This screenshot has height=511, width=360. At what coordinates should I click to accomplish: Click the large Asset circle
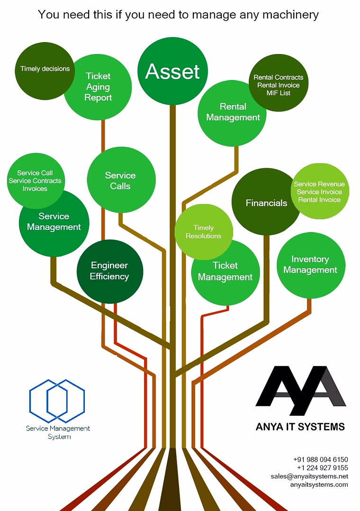173,71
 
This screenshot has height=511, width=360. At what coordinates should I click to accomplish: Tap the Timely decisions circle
45,71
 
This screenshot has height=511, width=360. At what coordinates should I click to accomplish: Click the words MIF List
278,93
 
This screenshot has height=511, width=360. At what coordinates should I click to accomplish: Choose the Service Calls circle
121,180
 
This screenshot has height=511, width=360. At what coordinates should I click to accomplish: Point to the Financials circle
266,202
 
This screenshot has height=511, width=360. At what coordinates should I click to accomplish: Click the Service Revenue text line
319,184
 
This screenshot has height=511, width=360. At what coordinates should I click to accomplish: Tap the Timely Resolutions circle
204,232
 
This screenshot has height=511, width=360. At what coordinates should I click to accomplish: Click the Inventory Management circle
311,265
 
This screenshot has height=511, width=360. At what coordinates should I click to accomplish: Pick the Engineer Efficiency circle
110,272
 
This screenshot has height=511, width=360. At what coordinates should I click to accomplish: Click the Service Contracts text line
35,181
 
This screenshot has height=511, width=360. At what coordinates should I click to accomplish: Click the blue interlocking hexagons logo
57,401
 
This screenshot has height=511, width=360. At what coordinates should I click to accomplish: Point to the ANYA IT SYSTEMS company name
300,427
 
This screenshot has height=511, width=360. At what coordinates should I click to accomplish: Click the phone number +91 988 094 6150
321,459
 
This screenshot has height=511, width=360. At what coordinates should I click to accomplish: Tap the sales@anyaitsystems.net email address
309,476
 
